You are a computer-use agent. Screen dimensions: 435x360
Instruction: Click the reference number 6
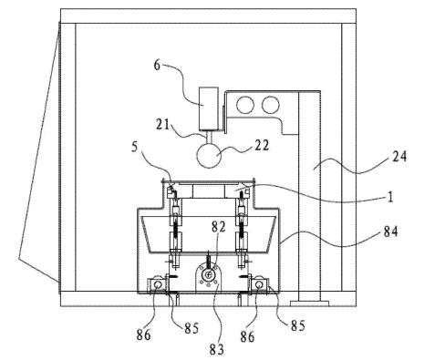click(157, 65)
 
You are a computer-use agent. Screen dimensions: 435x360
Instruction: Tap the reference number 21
click(162, 124)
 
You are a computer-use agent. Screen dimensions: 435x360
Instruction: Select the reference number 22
click(262, 145)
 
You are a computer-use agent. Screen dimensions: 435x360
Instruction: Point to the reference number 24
click(399, 157)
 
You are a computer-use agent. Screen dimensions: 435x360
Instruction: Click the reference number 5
click(135, 146)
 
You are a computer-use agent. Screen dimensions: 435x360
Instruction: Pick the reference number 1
click(390, 197)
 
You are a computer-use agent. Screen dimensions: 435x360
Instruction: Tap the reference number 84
click(390, 231)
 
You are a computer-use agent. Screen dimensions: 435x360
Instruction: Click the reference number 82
click(219, 226)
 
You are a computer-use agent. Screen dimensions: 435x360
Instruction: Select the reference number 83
click(216, 349)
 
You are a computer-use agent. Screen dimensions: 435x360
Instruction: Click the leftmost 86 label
click(143, 334)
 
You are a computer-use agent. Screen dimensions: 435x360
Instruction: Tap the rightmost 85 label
click(298, 325)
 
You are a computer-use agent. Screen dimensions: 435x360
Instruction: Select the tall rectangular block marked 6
click(209, 108)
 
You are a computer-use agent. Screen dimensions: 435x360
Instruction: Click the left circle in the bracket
click(245, 105)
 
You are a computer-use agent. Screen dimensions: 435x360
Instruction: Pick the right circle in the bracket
click(270, 105)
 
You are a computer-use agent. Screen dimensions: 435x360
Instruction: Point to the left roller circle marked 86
click(158, 284)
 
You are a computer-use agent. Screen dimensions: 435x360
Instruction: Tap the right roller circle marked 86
click(259, 284)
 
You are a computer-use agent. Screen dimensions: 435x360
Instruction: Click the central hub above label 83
click(208, 275)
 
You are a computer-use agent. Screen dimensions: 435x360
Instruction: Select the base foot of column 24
click(309, 303)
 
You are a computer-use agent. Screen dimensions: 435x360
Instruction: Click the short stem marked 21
click(209, 136)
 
